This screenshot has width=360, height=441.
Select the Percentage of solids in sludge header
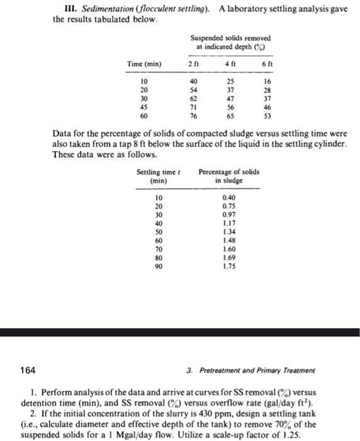click(x=228, y=176)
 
